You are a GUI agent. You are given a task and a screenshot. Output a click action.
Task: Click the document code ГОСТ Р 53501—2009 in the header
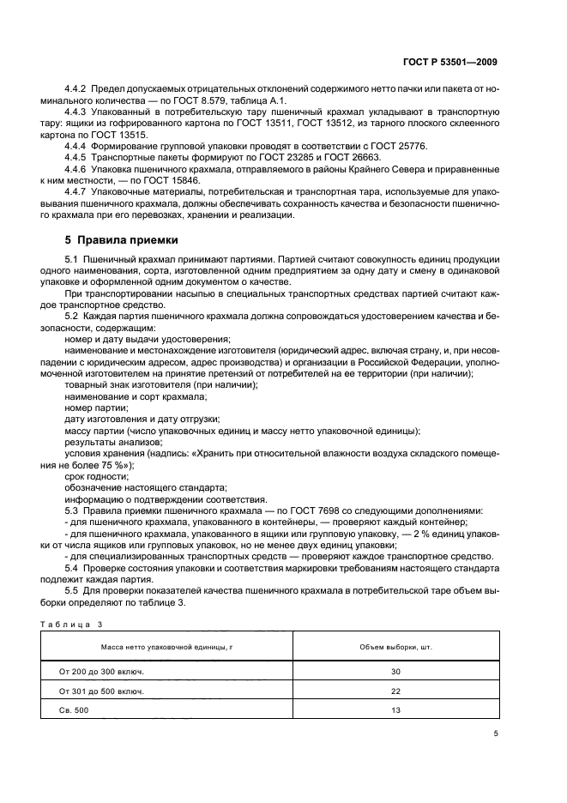tap(450, 62)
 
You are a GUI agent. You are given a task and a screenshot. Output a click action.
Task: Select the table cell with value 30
tap(395, 671)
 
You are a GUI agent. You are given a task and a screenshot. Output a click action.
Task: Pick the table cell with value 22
tap(395, 691)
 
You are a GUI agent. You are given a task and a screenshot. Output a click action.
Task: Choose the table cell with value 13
tap(395, 709)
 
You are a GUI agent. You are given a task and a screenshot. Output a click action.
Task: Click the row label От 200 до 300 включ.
tap(101, 671)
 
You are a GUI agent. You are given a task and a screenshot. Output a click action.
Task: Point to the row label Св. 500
tap(75, 709)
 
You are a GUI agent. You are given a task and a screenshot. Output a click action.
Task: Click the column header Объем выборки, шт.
tap(395, 645)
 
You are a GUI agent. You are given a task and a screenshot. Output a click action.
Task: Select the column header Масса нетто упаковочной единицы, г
tap(166, 645)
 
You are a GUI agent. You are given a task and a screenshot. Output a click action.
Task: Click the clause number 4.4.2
tap(78, 89)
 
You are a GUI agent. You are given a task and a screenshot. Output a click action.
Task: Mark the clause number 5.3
tap(72, 510)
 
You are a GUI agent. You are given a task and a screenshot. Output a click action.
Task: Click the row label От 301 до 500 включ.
tap(101, 691)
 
